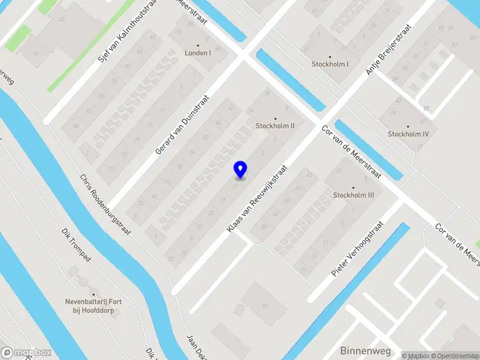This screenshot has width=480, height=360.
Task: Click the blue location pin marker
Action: point(240,169)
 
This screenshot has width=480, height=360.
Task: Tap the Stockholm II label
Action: point(275,126)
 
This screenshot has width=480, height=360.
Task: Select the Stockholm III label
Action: point(353,195)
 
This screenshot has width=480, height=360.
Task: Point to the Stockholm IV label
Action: point(408,134)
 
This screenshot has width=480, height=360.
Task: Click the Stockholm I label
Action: point(330,64)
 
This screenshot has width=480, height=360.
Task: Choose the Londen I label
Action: point(197,53)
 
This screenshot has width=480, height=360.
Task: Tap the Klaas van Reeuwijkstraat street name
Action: point(257,200)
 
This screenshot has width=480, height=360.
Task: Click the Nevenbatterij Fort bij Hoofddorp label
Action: point(94,305)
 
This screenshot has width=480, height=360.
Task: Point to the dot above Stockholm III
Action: point(353,187)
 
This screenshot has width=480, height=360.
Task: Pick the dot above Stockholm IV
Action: point(408,126)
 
